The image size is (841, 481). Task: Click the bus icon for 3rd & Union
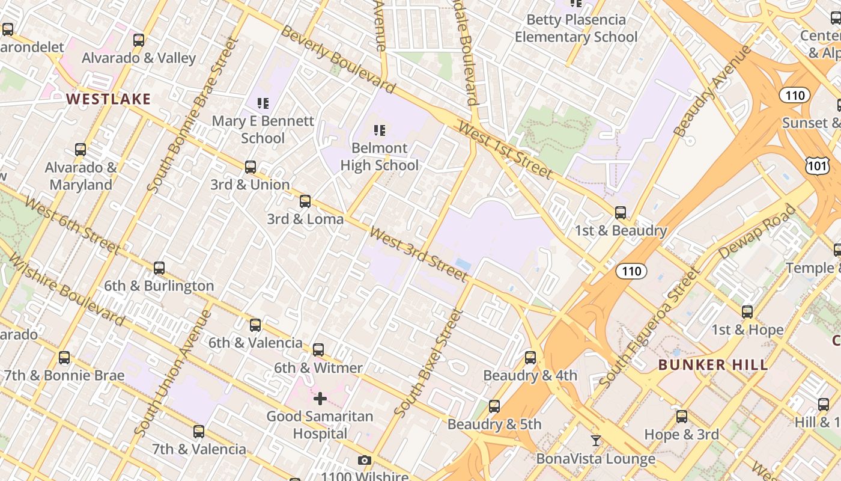click(250, 167)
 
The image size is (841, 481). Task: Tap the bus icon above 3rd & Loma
click(305, 201)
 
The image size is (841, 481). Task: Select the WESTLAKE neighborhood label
click(109, 99)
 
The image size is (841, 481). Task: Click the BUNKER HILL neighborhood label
click(713, 365)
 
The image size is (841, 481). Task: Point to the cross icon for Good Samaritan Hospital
click(320, 399)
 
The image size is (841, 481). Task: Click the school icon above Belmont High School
click(379, 130)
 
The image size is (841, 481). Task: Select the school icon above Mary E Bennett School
click(263, 103)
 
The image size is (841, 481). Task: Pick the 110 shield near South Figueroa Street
click(631, 271)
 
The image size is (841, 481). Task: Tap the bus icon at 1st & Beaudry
click(621, 213)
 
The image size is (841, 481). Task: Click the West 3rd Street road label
click(418, 254)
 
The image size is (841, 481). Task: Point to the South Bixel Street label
click(430, 363)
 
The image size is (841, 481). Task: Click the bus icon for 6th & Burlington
click(159, 268)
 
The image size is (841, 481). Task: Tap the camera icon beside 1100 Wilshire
click(364, 461)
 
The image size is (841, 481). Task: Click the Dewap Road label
click(756, 232)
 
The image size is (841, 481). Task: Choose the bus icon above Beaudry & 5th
click(494, 406)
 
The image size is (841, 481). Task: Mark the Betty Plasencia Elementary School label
click(576, 28)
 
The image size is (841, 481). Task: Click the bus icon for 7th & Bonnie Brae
click(64, 358)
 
